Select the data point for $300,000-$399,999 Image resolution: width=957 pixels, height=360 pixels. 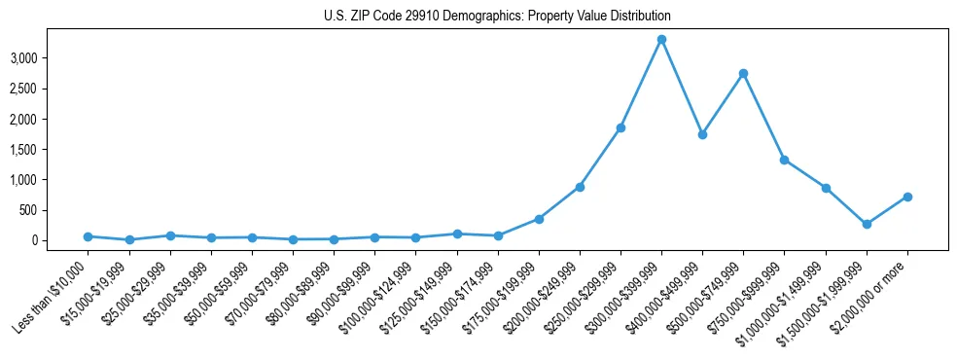point(661,40)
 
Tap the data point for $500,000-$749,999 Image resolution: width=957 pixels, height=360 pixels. point(743,73)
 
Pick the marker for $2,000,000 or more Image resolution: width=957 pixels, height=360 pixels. point(907,197)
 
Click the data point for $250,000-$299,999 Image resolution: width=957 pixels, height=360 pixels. point(620,127)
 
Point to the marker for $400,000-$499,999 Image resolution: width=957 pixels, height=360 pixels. point(702,134)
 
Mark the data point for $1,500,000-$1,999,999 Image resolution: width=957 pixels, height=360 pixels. point(867,224)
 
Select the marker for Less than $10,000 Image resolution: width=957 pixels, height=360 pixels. point(88,236)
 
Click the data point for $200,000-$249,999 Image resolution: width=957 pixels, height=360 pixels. point(580,187)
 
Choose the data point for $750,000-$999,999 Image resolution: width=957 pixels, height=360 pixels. point(784,160)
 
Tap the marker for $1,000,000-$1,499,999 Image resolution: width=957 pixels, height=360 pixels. point(826,188)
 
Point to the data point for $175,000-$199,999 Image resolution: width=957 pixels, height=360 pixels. point(539,219)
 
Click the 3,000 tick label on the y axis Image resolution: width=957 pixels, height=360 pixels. point(50,58)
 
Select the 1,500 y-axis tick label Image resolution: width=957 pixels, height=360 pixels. point(50,150)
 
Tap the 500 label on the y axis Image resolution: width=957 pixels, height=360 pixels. point(55,210)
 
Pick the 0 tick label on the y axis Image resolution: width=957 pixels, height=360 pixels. point(60,240)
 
